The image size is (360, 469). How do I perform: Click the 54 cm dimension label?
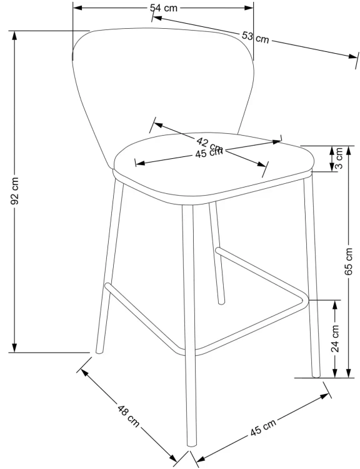tap(164, 8)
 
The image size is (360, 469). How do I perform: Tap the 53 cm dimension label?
tap(256, 38)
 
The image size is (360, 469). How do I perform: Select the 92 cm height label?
tap(14, 191)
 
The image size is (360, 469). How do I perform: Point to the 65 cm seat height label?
tap(349, 261)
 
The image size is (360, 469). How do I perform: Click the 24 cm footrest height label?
tap(336, 338)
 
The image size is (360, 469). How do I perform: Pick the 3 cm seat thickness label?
tap(339, 159)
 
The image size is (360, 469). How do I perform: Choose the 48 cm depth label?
tap(129, 416)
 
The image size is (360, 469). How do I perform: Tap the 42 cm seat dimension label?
tap(209, 144)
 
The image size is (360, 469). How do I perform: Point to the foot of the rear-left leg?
tap(99, 351)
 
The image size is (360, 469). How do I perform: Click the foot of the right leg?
tap(316, 375)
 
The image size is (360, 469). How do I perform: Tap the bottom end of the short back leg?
tap(221, 302)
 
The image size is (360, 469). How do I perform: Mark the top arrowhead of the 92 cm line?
tap(14, 34)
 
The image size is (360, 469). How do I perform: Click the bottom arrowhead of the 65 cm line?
tap(349, 373)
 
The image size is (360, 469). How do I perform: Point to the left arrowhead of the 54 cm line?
tap(77, 8)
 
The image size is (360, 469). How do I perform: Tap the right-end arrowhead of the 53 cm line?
tap(353, 56)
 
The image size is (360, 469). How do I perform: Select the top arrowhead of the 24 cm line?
tap(335, 304)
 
